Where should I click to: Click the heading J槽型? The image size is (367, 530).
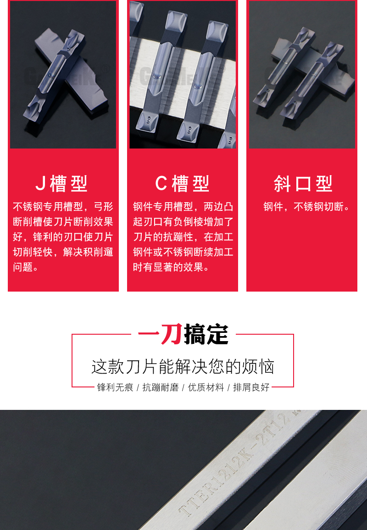click(61, 184)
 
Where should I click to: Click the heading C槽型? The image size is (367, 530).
click(182, 184)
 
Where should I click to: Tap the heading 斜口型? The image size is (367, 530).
click(303, 184)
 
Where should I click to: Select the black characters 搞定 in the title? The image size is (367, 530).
click(206, 334)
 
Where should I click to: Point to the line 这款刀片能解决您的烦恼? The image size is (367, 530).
click(183, 367)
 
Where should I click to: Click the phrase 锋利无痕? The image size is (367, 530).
click(115, 387)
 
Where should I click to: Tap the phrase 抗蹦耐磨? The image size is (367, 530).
click(160, 387)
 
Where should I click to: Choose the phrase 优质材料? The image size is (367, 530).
click(206, 387)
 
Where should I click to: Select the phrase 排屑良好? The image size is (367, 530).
click(251, 387)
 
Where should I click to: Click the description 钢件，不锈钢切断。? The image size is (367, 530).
click(307, 207)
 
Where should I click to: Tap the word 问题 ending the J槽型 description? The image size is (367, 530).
click(22, 267)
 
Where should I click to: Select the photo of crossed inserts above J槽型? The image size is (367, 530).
click(63, 74)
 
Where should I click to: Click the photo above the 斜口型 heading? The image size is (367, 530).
click(302, 74)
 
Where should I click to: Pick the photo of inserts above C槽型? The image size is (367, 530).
click(182, 74)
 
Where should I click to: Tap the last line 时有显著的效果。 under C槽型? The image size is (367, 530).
click(172, 267)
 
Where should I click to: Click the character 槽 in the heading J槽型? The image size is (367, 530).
click(58, 184)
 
